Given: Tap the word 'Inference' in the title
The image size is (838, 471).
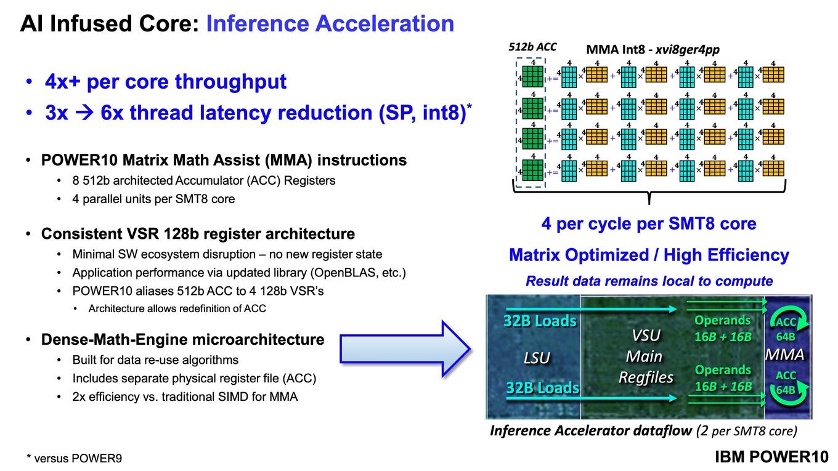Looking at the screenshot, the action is pyautogui.click(x=258, y=23).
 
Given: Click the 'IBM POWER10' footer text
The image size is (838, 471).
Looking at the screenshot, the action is pyautogui.click(x=771, y=457).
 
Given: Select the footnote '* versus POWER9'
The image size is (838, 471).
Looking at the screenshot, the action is pyautogui.click(x=74, y=458).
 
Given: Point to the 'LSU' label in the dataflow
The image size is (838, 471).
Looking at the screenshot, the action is pyautogui.click(x=537, y=358).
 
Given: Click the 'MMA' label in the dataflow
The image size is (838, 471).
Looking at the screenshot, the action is pyautogui.click(x=784, y=355).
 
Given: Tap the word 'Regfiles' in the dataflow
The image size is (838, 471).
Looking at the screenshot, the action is pyautogui.click(x=646, y=377).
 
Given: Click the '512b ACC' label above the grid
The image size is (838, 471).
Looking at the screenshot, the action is pyautogui.click(x=532, y=47).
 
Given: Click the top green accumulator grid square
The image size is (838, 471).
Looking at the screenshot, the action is pyautogui.click(x=532, y=76).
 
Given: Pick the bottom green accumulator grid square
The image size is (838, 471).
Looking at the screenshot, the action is pyautogui.click(x=532, y=170).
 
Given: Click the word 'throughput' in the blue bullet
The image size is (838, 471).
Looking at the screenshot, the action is pyautogui.click(x=231, y=81).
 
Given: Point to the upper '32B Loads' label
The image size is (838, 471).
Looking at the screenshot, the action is pyautogui.click(x=540, y=321).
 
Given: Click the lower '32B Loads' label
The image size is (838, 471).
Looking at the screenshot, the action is pyautogui.click(x=542, y=388).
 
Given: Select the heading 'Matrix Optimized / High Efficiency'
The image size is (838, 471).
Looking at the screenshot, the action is pyautogui.click(x=649, y=255).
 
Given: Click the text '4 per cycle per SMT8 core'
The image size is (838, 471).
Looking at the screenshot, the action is pyautogui.click(x=649, y=223).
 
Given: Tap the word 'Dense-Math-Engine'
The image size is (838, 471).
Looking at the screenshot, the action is pyautogui.click(x=122, y=339).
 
